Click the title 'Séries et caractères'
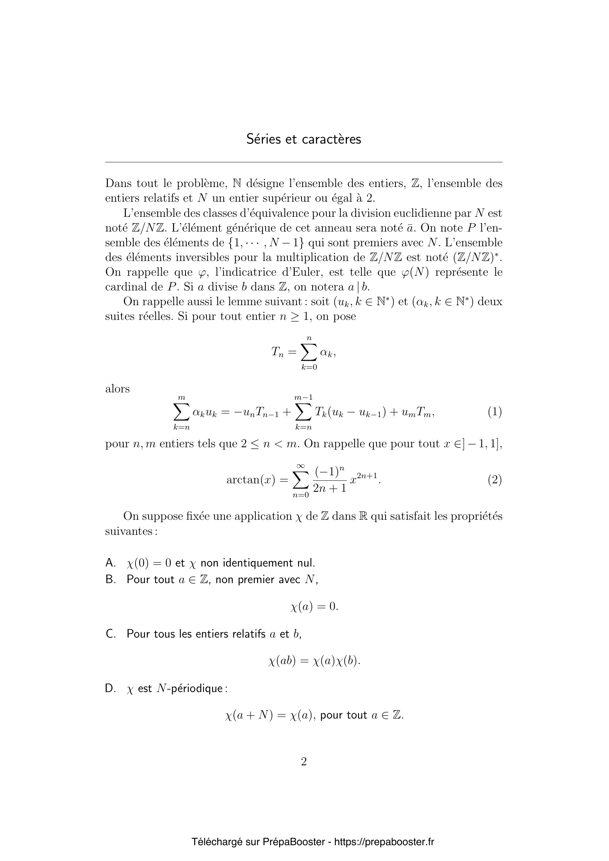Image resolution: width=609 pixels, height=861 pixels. coord(304,139)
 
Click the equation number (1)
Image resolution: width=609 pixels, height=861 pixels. coord(494,412)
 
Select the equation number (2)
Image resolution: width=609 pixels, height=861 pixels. coord(494,480)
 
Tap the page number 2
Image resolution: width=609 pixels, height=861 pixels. coord(304,762)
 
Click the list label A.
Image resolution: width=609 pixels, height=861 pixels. coord(110,563)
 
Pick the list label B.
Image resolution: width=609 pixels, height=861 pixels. coord(110,579)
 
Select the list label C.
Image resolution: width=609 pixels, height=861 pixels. coord(110,634)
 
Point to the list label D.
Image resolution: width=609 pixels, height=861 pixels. coord(110,688)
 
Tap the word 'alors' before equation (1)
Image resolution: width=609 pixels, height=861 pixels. coord(117,389)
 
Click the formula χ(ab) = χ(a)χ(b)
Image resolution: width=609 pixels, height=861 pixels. coord(314,661)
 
